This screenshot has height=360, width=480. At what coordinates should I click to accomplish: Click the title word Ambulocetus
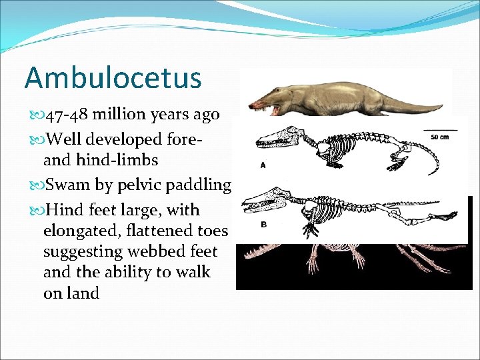click(x=113, y=77)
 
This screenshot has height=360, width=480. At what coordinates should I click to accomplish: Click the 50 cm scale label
click(x=439, y=137)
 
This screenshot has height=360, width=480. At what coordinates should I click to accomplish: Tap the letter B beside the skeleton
click(x=264, y=225)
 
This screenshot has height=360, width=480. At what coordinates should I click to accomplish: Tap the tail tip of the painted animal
click(x=440, y=105)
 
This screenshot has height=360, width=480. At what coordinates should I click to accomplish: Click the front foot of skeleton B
click(x=312, y=230)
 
